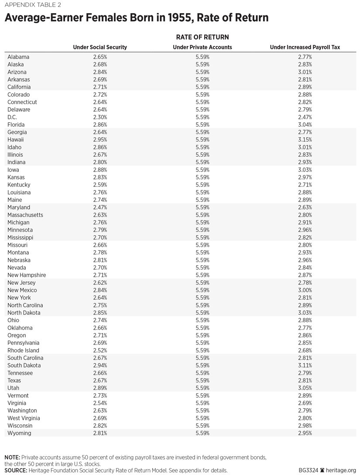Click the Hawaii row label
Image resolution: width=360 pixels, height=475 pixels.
pos(16,140)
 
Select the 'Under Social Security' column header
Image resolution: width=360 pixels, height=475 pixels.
pos(100,47)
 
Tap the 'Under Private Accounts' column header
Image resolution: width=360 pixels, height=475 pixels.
pos(202,47)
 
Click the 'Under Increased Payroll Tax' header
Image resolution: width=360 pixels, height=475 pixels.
pos(305,47)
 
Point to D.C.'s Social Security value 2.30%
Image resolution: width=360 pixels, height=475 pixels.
pos(100,117)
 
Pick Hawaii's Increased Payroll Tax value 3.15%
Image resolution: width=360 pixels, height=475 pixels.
pos(305,140)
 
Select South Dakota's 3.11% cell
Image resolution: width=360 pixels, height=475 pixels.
pos(305,365)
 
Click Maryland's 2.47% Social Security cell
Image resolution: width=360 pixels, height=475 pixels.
pos(100,207)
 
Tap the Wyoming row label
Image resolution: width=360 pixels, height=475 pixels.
pos(19,433)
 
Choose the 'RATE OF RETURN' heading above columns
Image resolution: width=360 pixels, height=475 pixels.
pos(202,37)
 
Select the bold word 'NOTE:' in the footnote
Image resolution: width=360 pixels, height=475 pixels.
pos(12,457)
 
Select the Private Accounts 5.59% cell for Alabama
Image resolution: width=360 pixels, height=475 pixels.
pos(202,57)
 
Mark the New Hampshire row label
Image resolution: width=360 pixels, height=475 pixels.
pos(27,275)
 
